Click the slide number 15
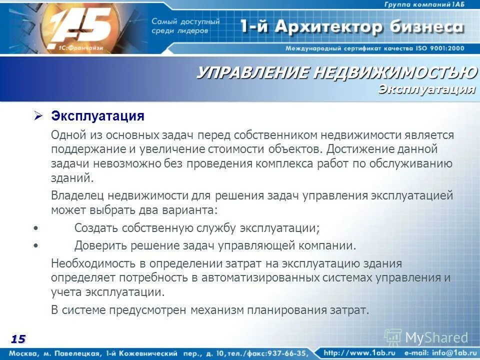click(18, 339)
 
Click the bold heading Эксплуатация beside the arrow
click(97, 116)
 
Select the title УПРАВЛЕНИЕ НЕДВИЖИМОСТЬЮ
click(336, 73)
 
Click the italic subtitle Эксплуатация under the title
click(426, 89)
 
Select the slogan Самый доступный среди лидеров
click(185, 26)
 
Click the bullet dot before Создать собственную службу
click(34, 228)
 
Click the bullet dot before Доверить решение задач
click(34, 246)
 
